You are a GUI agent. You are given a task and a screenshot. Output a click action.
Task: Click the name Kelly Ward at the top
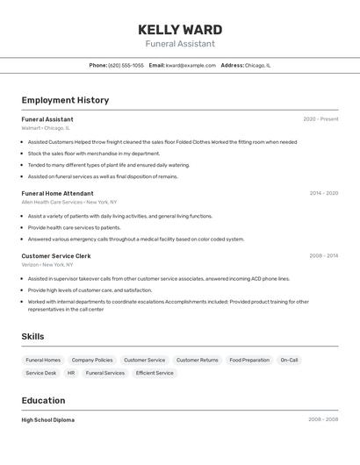[180, 30]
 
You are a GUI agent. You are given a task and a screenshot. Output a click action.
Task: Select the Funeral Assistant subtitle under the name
[180, 44]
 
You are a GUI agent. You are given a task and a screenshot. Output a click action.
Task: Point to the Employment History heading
[65, 100]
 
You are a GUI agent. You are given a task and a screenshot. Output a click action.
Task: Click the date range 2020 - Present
[320, 119]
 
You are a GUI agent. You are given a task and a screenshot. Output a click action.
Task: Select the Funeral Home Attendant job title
[57, 193]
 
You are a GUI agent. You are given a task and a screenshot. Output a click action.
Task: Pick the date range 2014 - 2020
[323, 193]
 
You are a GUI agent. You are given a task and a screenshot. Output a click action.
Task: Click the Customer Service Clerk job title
[56, 256]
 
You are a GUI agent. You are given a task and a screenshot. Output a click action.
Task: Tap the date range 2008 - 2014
[323, 256]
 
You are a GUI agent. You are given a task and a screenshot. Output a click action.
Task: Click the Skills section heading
[32, 336]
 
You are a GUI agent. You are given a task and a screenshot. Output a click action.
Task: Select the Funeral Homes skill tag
[43, 360]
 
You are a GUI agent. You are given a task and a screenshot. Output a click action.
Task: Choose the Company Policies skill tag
[92, 360]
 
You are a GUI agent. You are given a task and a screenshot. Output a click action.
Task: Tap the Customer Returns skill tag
[197, 360]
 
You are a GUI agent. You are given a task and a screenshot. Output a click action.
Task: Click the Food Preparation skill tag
[249, 360]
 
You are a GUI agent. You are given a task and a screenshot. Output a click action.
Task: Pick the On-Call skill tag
[289, 360]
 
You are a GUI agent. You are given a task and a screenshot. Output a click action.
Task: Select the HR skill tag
[71, 373]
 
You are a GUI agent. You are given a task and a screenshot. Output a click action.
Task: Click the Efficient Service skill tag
[155, 373]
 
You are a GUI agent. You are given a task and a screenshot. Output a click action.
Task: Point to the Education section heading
[44, 400]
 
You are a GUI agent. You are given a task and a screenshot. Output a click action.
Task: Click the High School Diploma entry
[48, 420]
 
